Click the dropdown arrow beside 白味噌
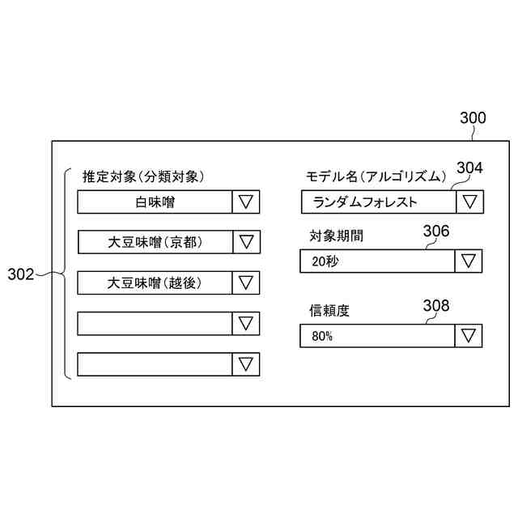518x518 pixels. point(246,202)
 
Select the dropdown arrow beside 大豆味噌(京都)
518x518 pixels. point(246,242)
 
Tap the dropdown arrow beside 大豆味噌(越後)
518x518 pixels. point(246,282)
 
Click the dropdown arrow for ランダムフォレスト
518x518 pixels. point(469,202)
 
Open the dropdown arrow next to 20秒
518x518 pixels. point(469,261)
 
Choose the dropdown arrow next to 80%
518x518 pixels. point(469,336)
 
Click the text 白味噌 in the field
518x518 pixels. point(155,202)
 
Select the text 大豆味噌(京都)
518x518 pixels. point(155,242)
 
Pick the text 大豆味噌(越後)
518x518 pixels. point(155,282)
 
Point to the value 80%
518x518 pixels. point(321,336)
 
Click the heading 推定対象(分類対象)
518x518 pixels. point(142,176)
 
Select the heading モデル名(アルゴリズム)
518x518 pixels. point(376,176)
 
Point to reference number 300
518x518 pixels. point(473,118)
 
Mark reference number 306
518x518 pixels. point(436,231)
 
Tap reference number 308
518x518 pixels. point(436,305)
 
